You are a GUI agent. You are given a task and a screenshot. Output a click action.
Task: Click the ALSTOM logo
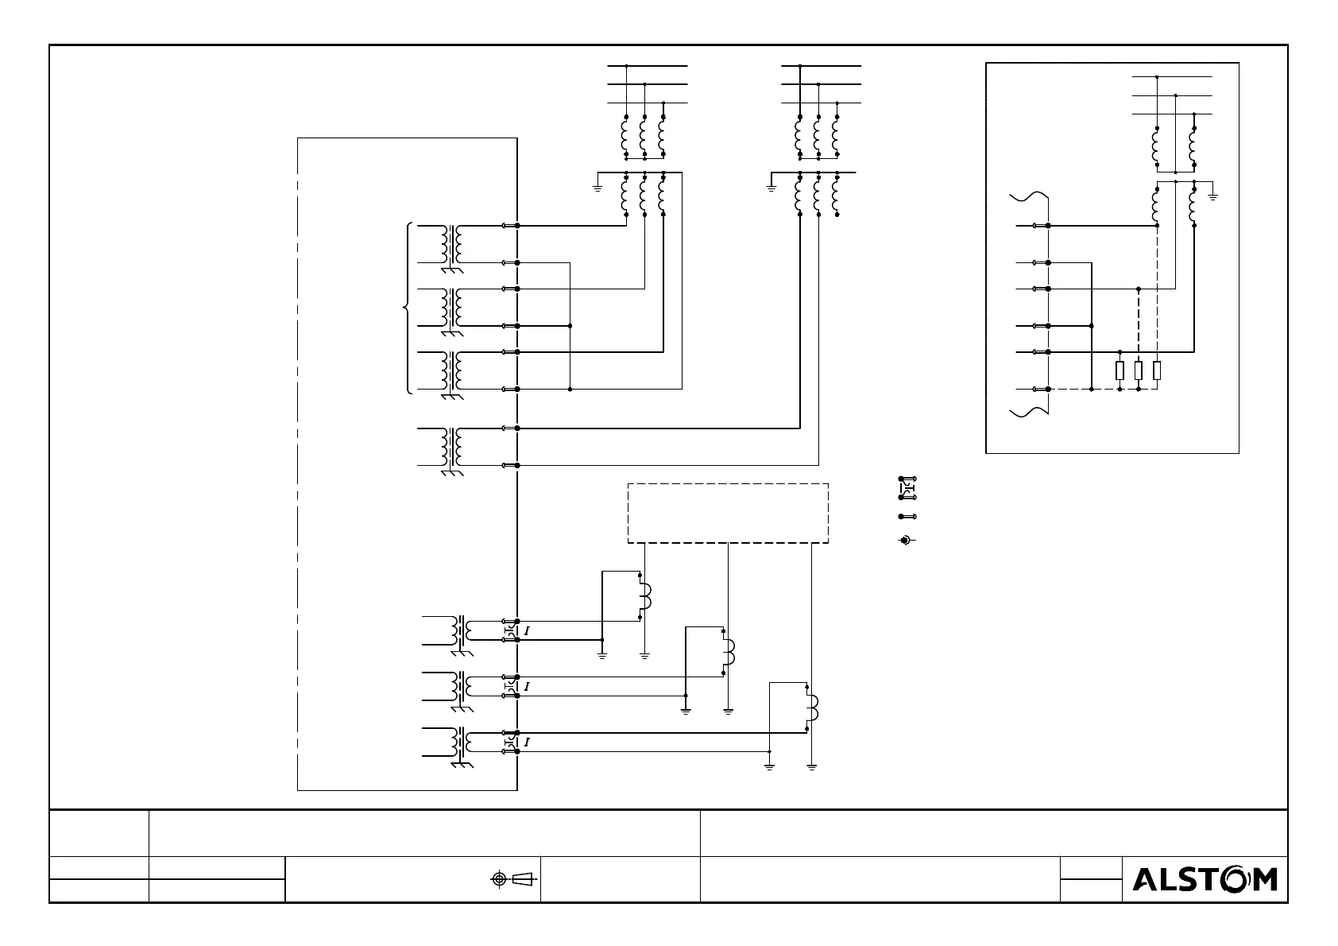[1204, 878]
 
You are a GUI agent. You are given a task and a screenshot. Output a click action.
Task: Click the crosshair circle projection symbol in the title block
[499, 878]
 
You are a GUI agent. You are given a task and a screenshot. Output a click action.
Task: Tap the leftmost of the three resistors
[1120, 370]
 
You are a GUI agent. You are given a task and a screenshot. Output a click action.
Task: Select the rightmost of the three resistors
[1157, 370]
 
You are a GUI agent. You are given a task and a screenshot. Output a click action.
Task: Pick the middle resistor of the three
[1139, 370]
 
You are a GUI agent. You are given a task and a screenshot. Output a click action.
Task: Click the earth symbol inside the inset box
[1213, 194]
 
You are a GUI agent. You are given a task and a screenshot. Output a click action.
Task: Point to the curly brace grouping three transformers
[407, 307]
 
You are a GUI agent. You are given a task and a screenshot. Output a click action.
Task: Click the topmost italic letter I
[527, 630]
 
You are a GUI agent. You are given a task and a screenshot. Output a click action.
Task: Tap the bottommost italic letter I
[527, 742]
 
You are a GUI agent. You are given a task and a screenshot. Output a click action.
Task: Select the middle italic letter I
[527, 686]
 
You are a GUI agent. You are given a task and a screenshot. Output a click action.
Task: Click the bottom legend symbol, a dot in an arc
[905, 541]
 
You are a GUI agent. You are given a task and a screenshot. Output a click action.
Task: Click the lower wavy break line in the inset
[1030, 411]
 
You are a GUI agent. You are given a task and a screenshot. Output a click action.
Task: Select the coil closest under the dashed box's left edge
[644, 596]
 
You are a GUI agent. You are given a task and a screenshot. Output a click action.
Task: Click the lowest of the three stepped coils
[812, 707]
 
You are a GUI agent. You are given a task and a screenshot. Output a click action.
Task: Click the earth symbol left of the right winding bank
[771, 187]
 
